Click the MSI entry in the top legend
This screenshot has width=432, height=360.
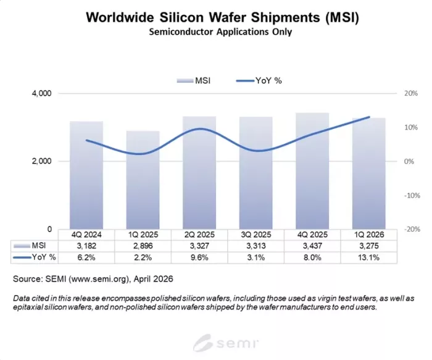194,80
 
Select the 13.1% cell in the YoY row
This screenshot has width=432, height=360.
368,257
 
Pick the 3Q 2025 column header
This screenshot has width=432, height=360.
255,235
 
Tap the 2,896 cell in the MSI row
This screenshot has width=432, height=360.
143,246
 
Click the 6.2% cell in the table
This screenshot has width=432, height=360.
86,257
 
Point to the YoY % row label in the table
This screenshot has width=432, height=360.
44,257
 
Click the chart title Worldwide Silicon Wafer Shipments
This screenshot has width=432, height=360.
217,17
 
